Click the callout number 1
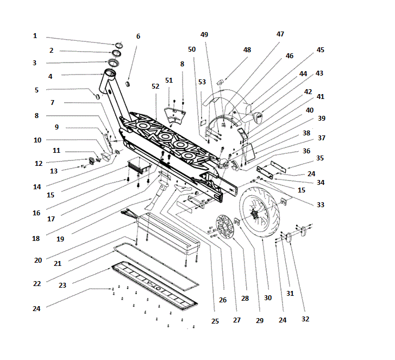(35, 36)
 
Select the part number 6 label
(138, 36)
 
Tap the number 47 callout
(280, 34)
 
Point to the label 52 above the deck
(155, 86)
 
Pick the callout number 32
(305, 319)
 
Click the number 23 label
(62, 285)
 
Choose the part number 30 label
(268, 297)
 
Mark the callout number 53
(202, 82)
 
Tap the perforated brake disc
(225, 226)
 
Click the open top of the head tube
(110, 73)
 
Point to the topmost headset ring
(119, 46)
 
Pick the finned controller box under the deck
(139, 166)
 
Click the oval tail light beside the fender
(258, 117)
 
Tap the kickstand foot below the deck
(153, 204)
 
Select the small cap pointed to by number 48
(220, 82)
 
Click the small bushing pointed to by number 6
(128, 84)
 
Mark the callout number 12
(39, 164)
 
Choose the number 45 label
(321, 50)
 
